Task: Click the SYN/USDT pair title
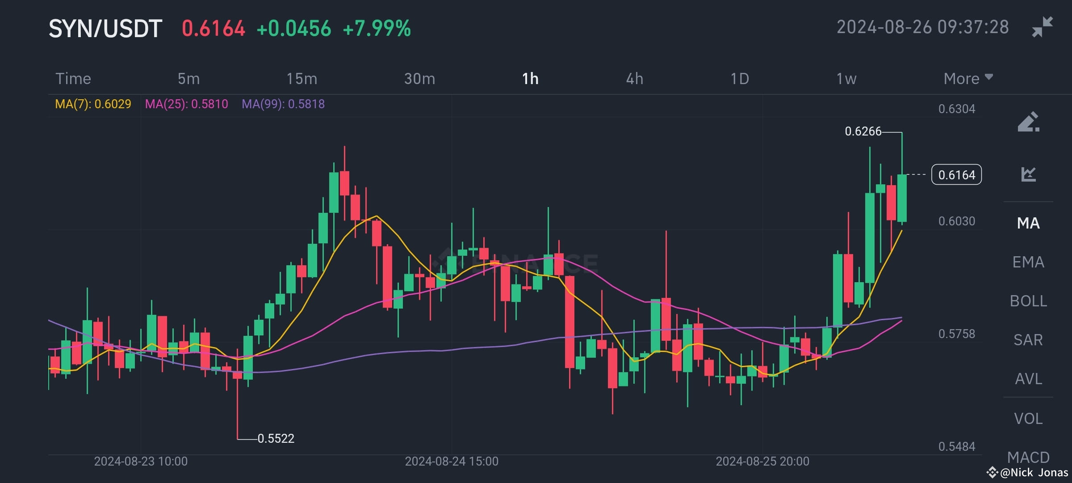point(105,29)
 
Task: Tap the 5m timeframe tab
point(188,79)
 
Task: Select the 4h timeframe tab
point(634,79)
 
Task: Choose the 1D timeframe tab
point(739,79)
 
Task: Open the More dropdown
point(967,79)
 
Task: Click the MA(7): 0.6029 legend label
point(93,104)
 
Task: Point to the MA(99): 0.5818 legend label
point(283,104)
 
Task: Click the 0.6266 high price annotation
point(863,131)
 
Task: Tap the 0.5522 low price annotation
point(276,439)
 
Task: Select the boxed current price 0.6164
point(956,175)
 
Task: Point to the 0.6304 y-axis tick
point(956,109)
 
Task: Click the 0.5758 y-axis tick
point(956,334)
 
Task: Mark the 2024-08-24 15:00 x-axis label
point(451,462)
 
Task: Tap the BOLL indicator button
point(1028,301)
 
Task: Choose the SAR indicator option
point(1028,340)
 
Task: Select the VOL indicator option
point(1028,419)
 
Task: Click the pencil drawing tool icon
point(1028,122)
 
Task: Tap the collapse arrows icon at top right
point(1042,27)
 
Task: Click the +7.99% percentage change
point(377,29)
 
